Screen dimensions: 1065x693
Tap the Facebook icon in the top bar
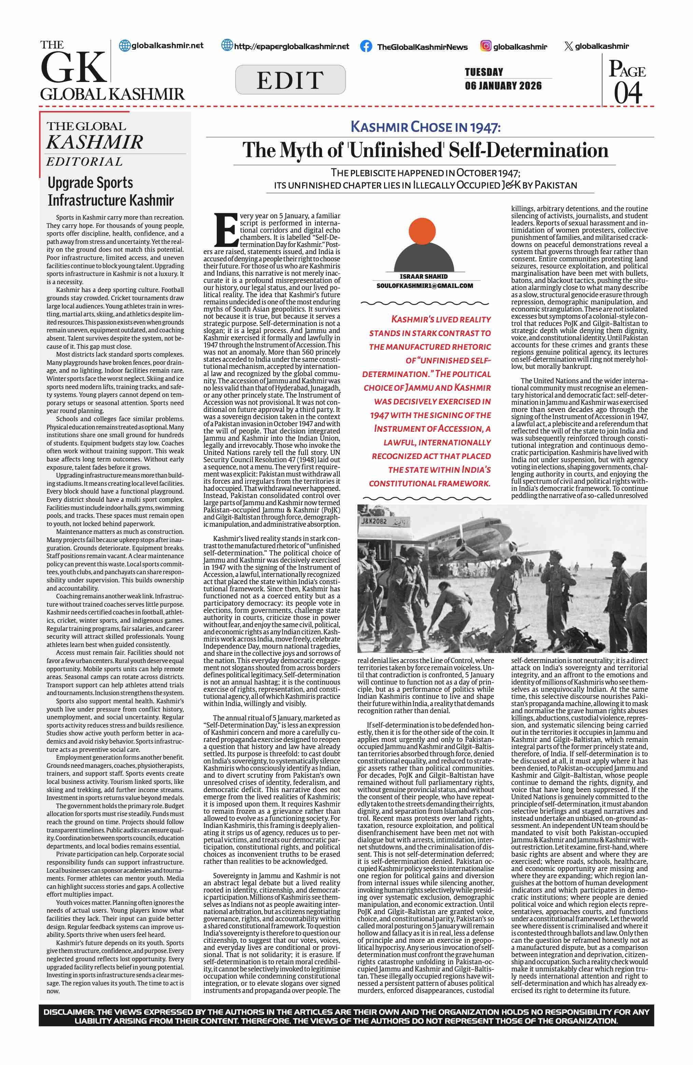[366, 46]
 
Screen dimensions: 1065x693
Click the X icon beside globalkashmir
[568, 46]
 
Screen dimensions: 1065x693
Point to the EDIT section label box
[290, 80]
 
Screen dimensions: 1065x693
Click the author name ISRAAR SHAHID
[423, 277]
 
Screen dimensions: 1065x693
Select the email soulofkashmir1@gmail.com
[424, 286]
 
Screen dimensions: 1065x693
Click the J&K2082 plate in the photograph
[374, 521]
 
